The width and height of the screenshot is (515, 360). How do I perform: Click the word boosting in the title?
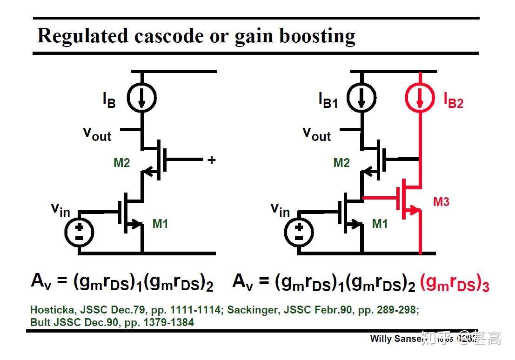317,36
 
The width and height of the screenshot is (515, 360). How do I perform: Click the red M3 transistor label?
441,202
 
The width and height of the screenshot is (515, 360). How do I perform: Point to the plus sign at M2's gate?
212,160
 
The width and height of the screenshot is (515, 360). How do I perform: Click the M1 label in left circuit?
160,224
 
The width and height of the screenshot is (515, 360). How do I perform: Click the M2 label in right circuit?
341,163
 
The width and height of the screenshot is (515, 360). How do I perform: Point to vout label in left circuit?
97,134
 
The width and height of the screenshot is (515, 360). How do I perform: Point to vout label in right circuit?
317,134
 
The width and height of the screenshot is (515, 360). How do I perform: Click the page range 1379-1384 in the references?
168,322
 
